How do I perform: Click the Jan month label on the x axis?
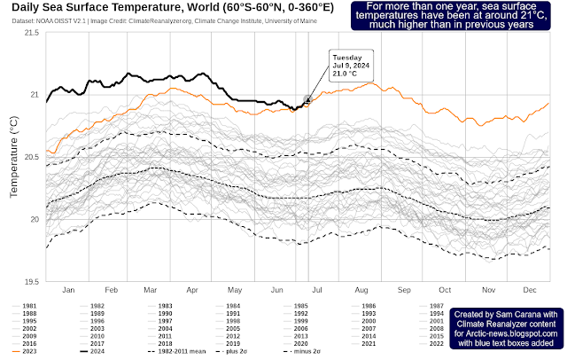[68, 291]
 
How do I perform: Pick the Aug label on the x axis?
[360, 291]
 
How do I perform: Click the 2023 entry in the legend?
[25, 352]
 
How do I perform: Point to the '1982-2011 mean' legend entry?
[175, 352]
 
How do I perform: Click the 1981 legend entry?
[25, 305]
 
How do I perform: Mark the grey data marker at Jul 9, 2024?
[307, 99]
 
